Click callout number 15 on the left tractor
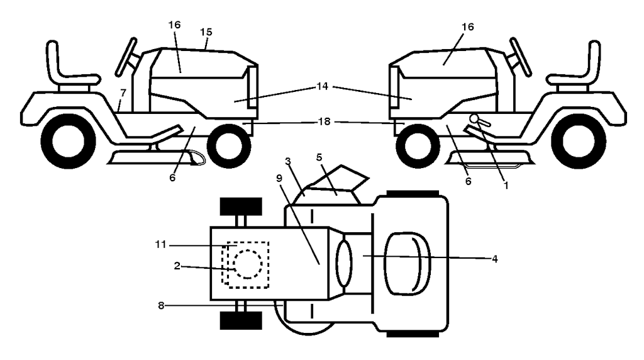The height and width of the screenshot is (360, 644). pos(206,31)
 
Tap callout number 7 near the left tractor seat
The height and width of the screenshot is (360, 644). pos(123,93)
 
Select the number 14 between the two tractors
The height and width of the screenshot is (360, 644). pos(323,86)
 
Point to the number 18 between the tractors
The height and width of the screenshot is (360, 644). pos(324,122)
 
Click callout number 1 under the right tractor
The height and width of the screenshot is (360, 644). pos(506,186)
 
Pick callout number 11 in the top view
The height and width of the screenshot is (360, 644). pos(160,245)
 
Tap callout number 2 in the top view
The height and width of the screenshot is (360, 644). pos(177,266)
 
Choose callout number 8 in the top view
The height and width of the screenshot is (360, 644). pos(161,305)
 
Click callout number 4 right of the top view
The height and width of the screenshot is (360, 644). pos(495,259)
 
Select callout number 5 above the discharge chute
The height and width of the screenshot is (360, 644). pos(319,157)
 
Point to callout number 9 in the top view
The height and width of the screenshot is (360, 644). pos(279,178)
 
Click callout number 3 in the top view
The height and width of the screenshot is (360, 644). pos(288,160)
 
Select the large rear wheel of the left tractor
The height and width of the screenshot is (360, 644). pos(68,142)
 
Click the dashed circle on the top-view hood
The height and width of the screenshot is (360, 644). pos(248,264)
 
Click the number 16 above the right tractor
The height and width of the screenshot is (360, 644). pos(468,26)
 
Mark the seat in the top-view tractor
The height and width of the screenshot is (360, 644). pos(407,264)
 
